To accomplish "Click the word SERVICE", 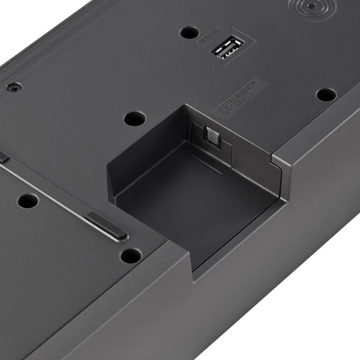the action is pyautogui.click(x=209, y=36).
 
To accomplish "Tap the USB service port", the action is pyautogui.click(x=228, y=47).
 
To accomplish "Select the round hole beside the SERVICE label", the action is pyautogui.click(x=190, y=32).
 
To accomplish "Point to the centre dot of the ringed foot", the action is pyautogui.click(x=311, y=6).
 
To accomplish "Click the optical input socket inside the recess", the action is pyautogui.click(x=212, y=137).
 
